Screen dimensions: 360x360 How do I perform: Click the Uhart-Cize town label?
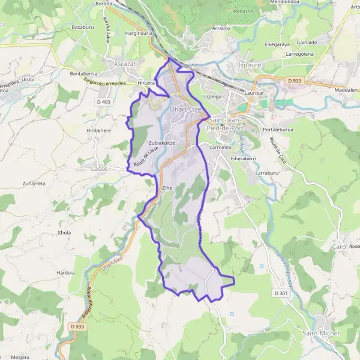(185, 109)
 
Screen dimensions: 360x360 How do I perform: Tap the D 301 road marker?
(280, 293)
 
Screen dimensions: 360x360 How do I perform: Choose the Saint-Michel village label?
(321, 333)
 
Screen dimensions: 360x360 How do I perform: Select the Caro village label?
(340, 247)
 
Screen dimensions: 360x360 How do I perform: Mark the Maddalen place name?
(346, 89)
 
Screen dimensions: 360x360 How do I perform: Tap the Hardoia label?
(65, 272)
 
